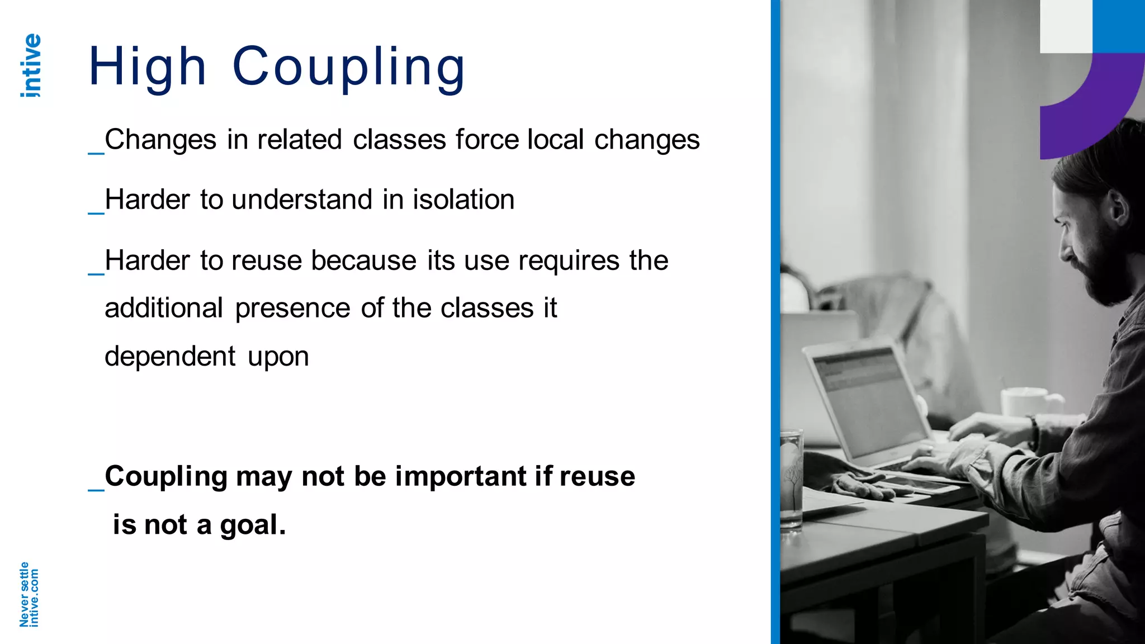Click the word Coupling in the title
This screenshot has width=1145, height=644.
(x=348, y=68)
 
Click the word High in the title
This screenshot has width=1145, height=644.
(x=148, y=68)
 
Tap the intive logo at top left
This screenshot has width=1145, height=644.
(x=31, y=65)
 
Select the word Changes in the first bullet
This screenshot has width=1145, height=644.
(x=160, y=140)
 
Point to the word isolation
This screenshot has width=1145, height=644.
(x=463, y=200)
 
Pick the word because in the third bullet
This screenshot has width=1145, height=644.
(x=363, y=261)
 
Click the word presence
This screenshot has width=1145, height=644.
(x=292, y=309)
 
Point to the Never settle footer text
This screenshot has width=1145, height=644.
(x=24, y=594)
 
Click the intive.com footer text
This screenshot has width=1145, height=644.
(x=35, y=598)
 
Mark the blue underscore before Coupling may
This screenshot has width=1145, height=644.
(x=96, y=489)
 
